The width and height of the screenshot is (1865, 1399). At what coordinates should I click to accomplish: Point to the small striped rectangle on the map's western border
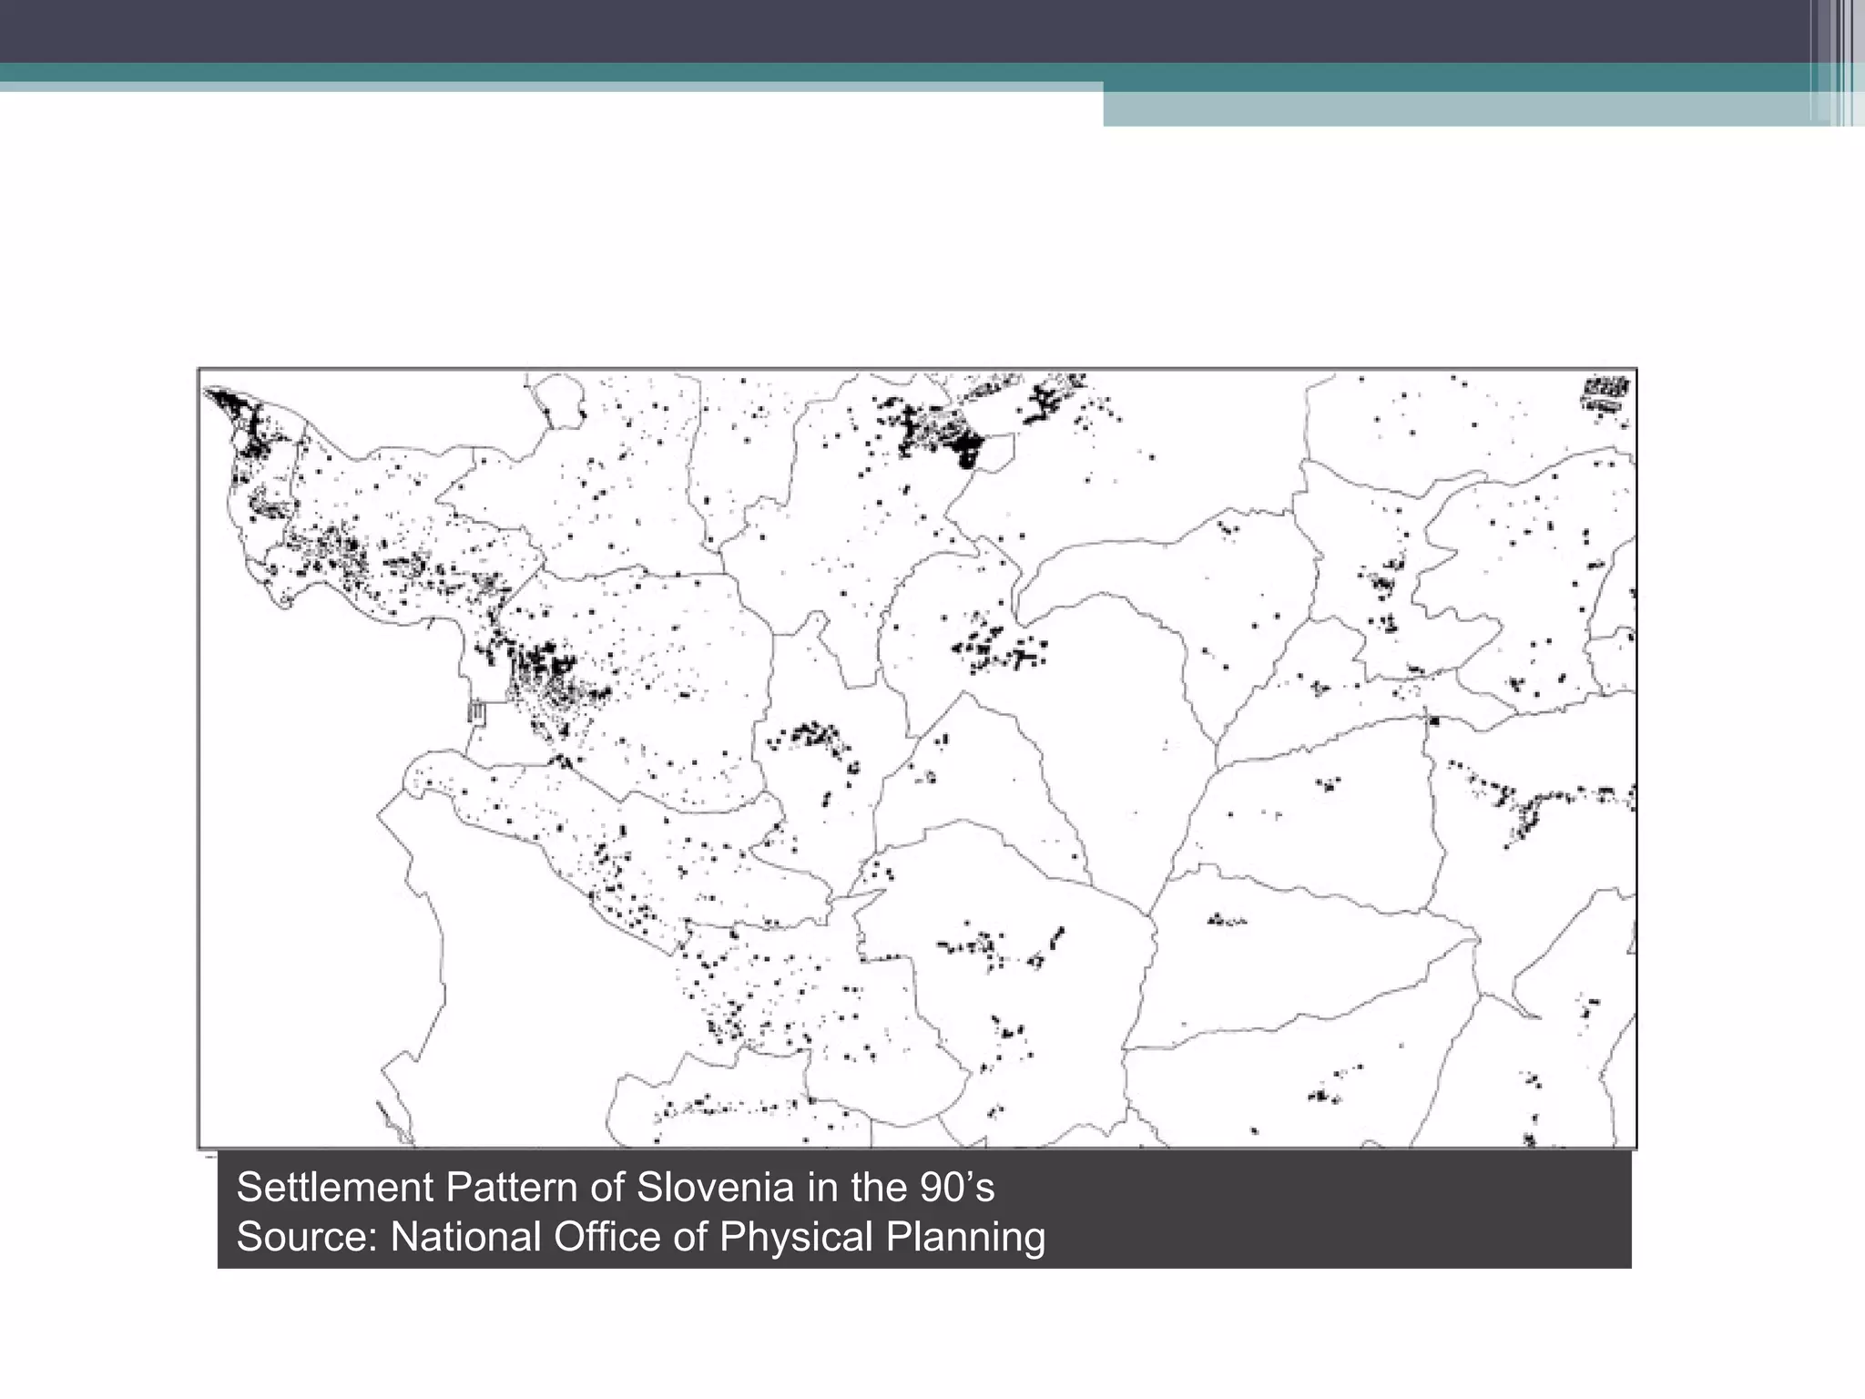[x=476, y=711]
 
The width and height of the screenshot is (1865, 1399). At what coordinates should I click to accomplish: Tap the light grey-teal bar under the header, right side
[x=1457, y=108]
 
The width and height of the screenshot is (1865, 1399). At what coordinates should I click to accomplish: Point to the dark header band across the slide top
[x=911, y=30]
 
